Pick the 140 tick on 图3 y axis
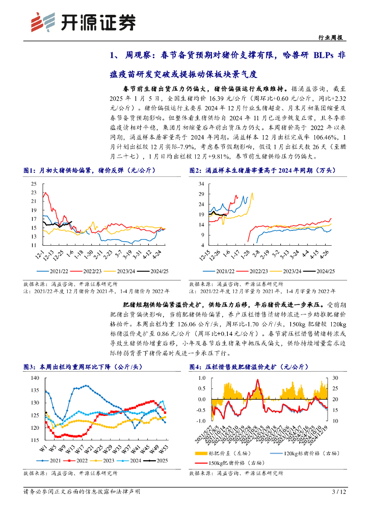(35, 378)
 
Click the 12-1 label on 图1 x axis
(37, 253)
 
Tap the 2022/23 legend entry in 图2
(254, 271)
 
